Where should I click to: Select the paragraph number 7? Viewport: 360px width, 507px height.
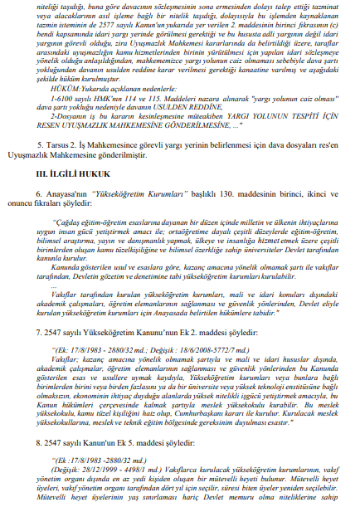(x=40, y=331)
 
